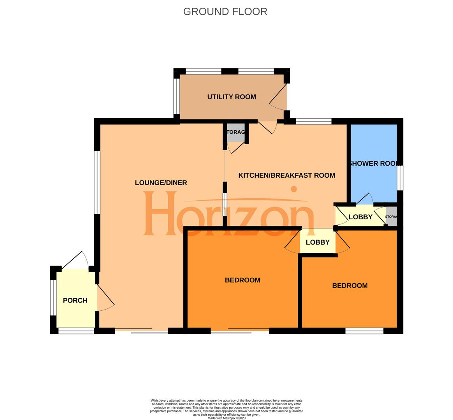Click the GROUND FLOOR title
[x=225, y=12]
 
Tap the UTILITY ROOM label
[x=232, y=97]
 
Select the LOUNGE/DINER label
[x=161, y=182]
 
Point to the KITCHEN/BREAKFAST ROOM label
[x=286, y=175]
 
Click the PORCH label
[x=75, y=300]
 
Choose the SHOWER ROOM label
[x=374, y=163]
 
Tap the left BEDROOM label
[x=242, y=280]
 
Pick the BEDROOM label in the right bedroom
[x=349, y=285]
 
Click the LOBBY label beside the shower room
[x=360, y=217]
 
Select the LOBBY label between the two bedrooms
[x=318, y=242]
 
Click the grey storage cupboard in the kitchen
[x=236, y=132]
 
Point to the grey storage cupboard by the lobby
[x=391, y=217]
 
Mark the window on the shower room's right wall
[x=400, y=178]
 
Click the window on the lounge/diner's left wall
[x=97, y=182]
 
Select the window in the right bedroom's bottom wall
[x=364, y=331]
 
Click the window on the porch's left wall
[x=53, y=297]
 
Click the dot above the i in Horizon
[x=294, y=189]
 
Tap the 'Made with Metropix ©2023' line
[x=226, y=418]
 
